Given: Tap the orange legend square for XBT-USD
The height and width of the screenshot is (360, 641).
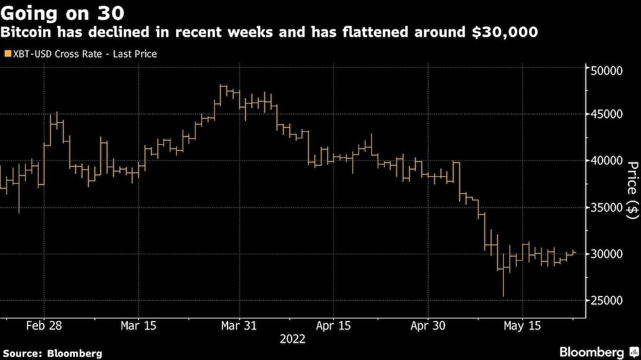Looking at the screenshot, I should click(7, 54).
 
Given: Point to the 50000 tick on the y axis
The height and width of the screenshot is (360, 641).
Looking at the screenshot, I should click(606, 69).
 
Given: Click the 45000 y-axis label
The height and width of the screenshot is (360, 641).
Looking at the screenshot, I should click(606, 115).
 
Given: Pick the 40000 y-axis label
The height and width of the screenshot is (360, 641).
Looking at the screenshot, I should click(606, 161).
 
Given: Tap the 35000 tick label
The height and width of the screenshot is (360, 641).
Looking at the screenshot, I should click(606, 208).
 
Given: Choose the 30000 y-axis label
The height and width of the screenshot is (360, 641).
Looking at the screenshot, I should click(606, 254).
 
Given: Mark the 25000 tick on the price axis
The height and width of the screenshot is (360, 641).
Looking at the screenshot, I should click(606, 300).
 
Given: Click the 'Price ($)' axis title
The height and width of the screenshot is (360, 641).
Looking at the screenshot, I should click(632, 190).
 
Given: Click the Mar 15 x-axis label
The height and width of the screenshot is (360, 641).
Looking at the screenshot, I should click(138, 325).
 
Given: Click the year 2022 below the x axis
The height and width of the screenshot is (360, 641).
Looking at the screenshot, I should click(292, 340).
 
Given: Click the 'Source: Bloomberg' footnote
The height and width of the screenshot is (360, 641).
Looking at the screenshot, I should click(52, 353).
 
